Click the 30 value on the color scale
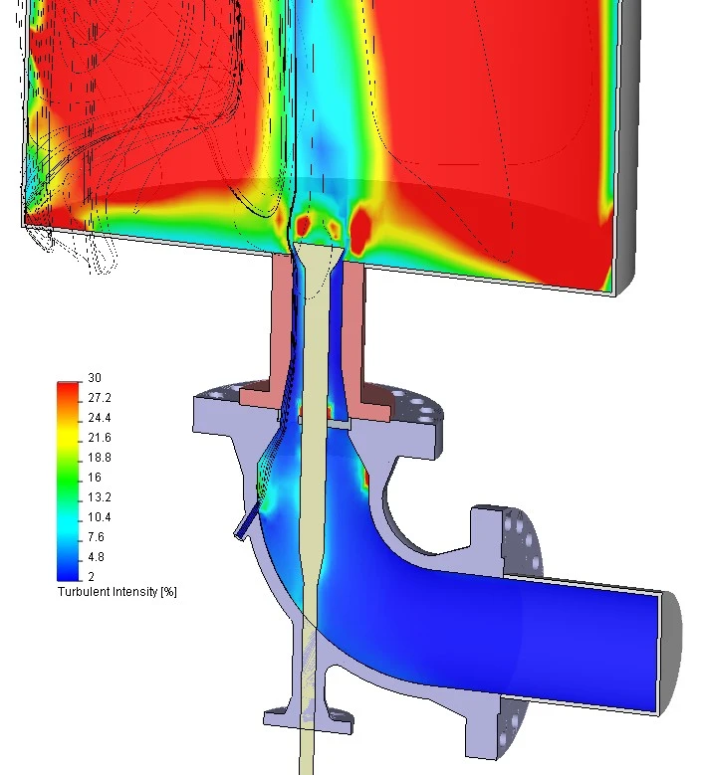95,378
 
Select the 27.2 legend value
100,397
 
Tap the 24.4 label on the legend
100,418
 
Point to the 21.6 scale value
100,438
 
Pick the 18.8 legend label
100,458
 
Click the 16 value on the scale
95,477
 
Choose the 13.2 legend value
100,496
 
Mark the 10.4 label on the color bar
100,517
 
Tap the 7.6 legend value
96,537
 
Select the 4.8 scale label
96,556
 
